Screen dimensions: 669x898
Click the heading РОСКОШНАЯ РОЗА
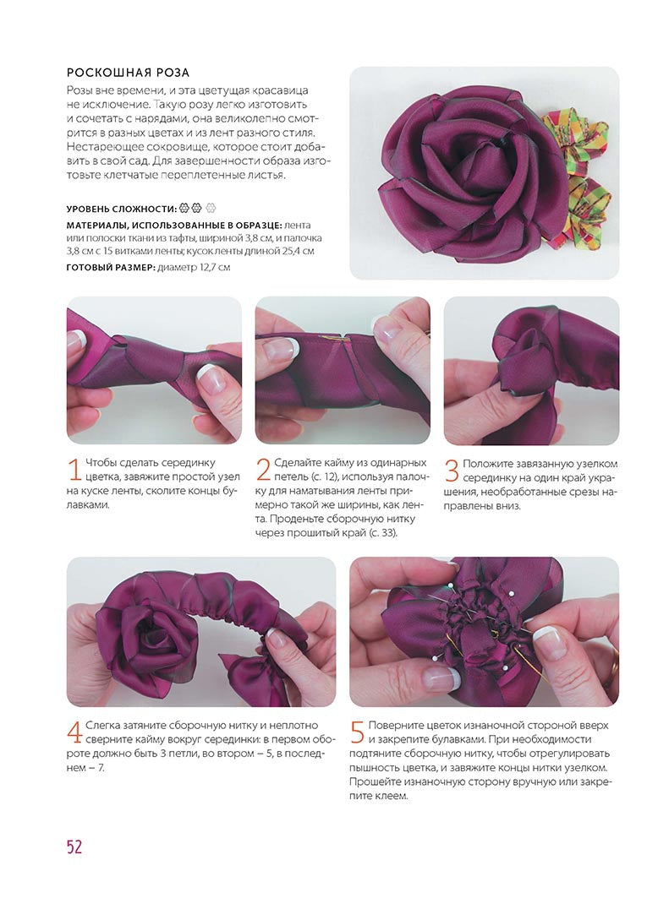point(128,73)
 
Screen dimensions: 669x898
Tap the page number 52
point(74,846)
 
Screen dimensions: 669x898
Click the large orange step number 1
point(74,470)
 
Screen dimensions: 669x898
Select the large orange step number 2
point(263,470)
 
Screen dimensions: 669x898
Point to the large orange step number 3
point(452,471)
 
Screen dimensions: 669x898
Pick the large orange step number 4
point(74,732)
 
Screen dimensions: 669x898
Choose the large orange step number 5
point(357,732)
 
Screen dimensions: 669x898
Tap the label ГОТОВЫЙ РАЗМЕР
point(111,268)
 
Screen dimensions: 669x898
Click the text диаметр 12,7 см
point(194,268)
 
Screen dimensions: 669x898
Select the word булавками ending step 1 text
point(88,505)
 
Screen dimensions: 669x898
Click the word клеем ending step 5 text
point(392,796)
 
